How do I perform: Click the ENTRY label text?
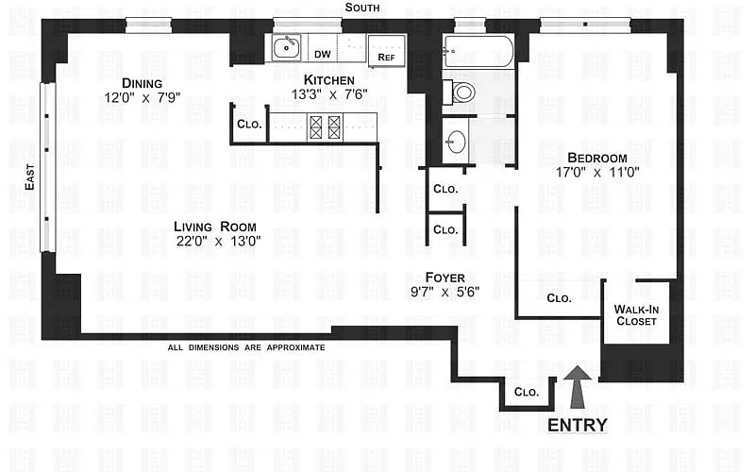pyautogui.click(x=578, y=426)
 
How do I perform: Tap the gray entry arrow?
pyautogui.click(x=578, y=387)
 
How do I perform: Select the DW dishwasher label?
pyautogui.click(x=322, y=55)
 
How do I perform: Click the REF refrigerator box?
pyautogui.click(x=386, y=49)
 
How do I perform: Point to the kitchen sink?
pyautogui.click(x=286, y=47)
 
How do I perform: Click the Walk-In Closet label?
pyautogui.click(x=637, y=315)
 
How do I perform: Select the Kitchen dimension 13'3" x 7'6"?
pyautogui.click(x=329, y=93)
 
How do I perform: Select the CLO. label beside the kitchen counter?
pyautogui.click(x=249, y=124)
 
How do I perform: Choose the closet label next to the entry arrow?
pyautogui.click(x=526, y=392)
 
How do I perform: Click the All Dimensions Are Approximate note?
pyautogui.click(x=245, y=347)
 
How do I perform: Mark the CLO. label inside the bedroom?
pyautogui.click(x=560, y=298)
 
